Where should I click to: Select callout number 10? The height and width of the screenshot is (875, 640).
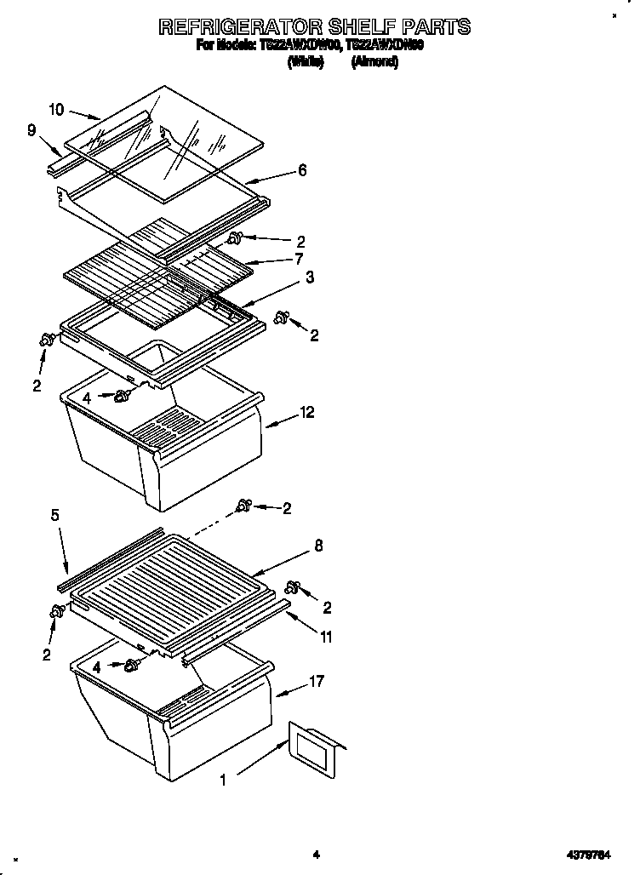(56, 109)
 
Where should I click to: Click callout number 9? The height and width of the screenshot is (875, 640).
(31, 130)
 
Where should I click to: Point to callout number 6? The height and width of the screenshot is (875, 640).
(302, 170)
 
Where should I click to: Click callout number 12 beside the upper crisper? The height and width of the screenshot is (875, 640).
(307, 413)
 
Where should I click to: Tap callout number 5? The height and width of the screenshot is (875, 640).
(55, 514)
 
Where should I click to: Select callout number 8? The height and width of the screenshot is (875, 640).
(318, 546)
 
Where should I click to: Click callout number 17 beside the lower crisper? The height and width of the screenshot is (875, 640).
(318, 681)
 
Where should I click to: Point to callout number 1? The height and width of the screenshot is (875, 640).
(223, 779)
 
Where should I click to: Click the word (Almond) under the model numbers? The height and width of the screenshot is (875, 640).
(374, 61)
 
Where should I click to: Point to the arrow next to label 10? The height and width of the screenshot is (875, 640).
(84, 113)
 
